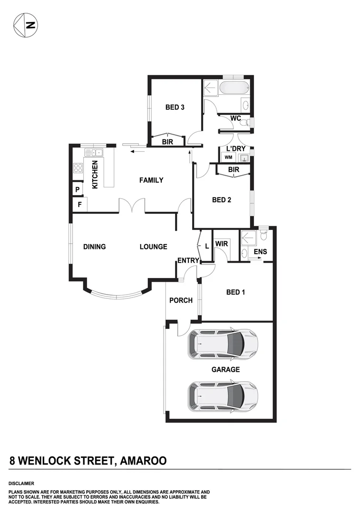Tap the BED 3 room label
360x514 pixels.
coord(175,108)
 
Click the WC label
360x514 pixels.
coord(235,118)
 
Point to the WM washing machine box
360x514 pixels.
coord(228,158)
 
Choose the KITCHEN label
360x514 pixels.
coord(95,175)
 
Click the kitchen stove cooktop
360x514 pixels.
coord(78,168)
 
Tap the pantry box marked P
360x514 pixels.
coord(77,190)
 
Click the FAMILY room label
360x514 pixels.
coord(151,180)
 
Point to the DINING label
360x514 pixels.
coord(94,247)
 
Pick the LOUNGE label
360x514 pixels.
coord(153,247)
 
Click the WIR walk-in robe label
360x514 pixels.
coord(221,244)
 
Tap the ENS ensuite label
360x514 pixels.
coord(260,251)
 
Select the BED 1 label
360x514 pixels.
coord(235,292)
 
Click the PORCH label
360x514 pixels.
coord(181,300)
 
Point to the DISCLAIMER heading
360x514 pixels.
coord(21,483)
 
